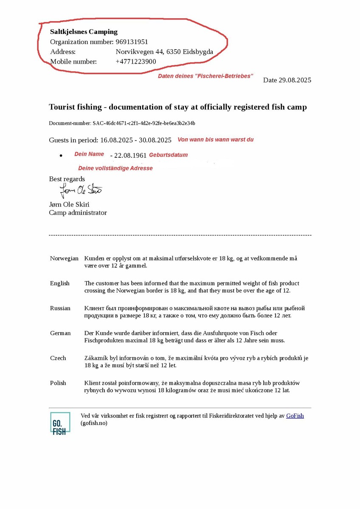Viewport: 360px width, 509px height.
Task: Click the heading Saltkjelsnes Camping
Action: pos(84,32)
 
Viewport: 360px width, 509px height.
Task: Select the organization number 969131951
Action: pos(132,42)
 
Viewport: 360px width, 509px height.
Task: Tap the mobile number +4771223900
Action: pos(135,62)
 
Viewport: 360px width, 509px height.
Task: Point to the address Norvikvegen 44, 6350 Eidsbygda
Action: pos(164,52)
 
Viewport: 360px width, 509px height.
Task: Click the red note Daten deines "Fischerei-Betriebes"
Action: pos(205,76)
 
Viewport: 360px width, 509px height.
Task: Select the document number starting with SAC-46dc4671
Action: pos(143,123)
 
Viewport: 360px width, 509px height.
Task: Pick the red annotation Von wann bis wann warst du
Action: pos(215,140)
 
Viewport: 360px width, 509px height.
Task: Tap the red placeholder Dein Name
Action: pos(89,154)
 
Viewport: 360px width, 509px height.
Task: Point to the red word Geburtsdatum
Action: pos(168,155)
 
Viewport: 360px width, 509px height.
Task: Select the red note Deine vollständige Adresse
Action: pos(115,168)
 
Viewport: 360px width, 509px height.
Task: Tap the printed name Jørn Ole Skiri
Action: pos(69,204)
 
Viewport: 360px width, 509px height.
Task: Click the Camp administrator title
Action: pos(78,213)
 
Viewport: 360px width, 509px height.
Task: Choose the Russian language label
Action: pos(60,308)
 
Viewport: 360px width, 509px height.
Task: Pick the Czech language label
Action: pos(58,358)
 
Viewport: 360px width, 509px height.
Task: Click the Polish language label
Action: pos(58,383)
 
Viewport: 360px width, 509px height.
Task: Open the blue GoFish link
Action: pos(295,416)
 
